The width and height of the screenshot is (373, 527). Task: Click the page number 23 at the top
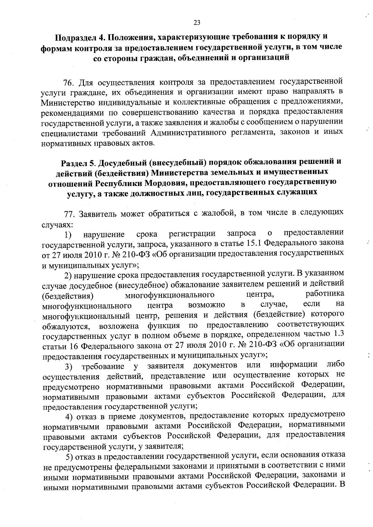197,22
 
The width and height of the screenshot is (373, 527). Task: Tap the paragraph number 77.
68,214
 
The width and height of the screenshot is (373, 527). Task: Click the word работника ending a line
325,294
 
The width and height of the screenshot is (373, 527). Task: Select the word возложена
119,327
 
